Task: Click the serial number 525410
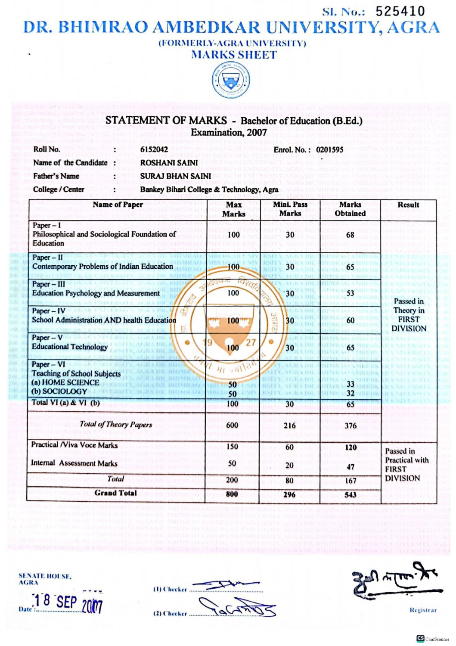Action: [x=400, y=12]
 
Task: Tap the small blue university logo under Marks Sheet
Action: [x=231, y=81]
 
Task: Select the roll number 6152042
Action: [x=154, y=149]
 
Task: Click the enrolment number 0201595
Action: [x=329, y=149]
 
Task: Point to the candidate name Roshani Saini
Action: [x=169, y=163]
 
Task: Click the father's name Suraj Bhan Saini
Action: [x=175, y=176]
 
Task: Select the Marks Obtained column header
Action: [x=350, y=209]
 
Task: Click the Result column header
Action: [x=408, y=205]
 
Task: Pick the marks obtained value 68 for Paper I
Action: [x=350, y=235]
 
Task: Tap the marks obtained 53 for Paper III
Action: [x=350, y=293]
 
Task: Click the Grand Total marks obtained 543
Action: [x=350, y=494]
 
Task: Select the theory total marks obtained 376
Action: [x=350, y=426]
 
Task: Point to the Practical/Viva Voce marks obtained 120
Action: [x=351, y=447]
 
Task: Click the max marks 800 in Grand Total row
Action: [x=232, y=494]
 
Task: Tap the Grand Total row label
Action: [x=115, y=493]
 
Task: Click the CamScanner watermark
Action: [x=432, y=639]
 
